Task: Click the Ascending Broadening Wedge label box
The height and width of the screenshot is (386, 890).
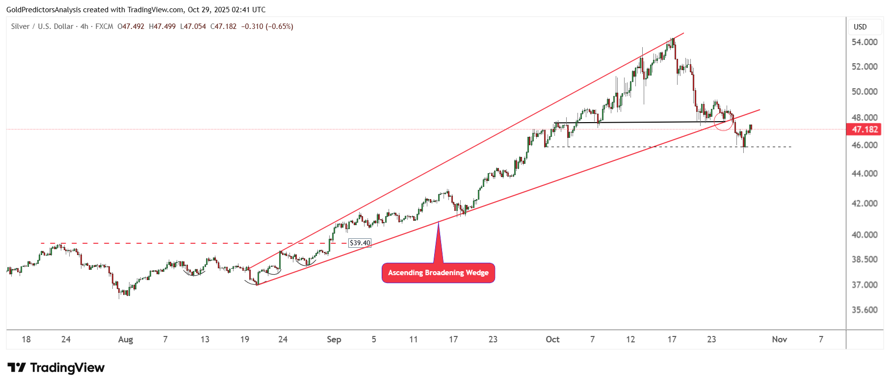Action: [x=438, y=273]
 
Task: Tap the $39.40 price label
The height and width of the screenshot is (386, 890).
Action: [x=360, y=243]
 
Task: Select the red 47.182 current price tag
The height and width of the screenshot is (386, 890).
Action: [x=864, y=129]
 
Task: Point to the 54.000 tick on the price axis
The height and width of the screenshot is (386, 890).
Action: [x=864, y=42]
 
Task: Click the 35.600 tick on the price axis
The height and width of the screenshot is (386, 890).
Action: [x=864, y=310]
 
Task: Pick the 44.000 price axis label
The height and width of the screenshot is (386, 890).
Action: [x=864, y=174]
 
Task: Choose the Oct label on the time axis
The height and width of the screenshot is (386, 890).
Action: [x=552, y=339]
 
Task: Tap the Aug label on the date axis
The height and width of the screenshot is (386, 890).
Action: [x=126, y=339]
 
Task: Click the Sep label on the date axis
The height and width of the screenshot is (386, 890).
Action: [x=334, y=339]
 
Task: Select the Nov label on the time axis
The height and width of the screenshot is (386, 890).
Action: [x=779, y=339]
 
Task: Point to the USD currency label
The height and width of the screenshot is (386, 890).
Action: [x=860, y=27]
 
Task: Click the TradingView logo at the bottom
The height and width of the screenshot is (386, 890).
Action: [x=56, y=368]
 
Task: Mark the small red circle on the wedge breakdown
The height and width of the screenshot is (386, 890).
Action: [x=723, y=121]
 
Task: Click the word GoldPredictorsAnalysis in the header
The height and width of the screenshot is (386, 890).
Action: [x=44, y=10]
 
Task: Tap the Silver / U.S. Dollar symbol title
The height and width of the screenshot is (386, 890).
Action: [x=42, y=26]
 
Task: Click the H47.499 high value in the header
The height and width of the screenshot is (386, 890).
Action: [x=162, y=26]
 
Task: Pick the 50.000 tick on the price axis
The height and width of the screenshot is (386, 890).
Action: [x=864, y=92]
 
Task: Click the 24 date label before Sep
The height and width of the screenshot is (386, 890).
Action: [x=283, y=339]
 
